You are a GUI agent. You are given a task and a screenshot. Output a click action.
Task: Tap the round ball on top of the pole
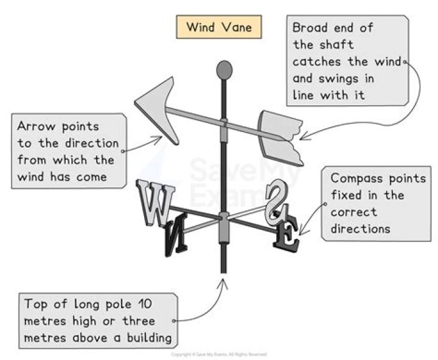224,69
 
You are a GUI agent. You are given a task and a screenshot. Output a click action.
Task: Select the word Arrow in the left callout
35,126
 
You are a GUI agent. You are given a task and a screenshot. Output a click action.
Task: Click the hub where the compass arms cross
224,217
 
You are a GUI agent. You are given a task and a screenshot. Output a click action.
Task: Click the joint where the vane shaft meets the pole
224,123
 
